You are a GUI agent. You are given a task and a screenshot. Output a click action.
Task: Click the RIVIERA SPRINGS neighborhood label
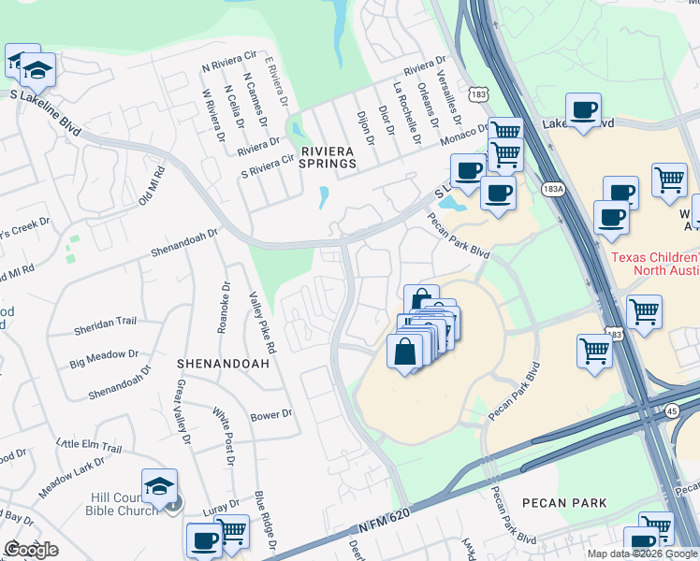pos(328,156)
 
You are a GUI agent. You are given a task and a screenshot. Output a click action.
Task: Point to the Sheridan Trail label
pos(105,322)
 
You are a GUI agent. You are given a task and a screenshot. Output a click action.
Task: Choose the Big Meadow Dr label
pos(103,357)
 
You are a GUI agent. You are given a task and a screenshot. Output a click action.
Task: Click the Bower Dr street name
pos(271,413)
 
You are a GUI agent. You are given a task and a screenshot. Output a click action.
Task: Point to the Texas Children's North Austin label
pos(655,265)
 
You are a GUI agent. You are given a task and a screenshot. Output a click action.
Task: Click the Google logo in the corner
pos(31,550)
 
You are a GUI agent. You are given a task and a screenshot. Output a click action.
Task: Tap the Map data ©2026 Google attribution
pos(641,554)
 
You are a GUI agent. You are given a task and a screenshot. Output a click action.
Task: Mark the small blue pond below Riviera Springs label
pos(323,197)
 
